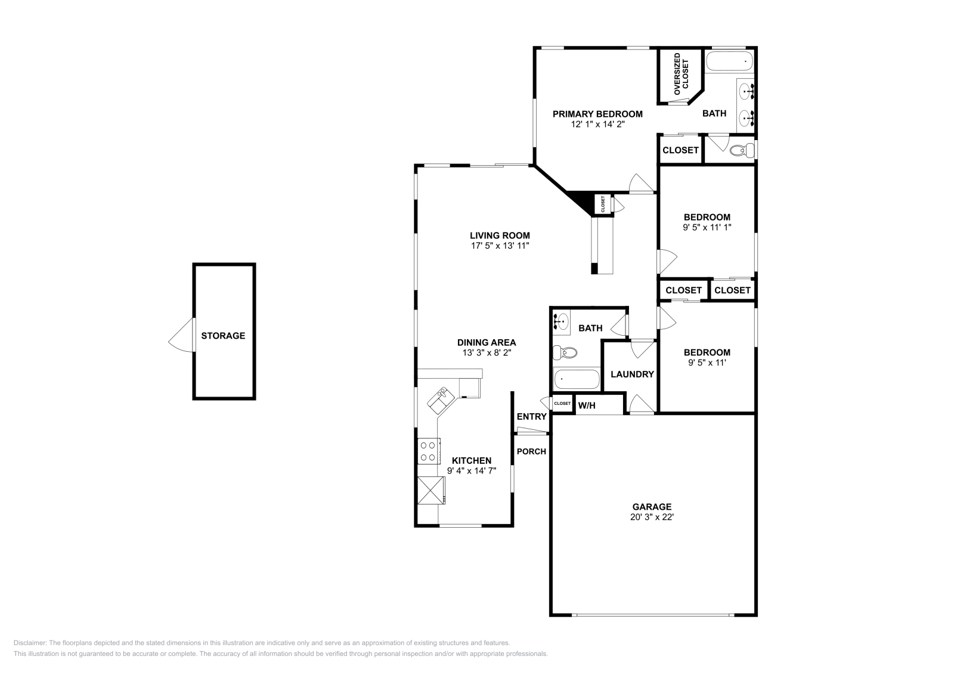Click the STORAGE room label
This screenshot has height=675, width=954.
click(x=223, y=336)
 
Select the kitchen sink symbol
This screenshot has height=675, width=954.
click(x=441, y=397)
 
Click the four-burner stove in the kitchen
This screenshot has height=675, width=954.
click(x=427, y=451)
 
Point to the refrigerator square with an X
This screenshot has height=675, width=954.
click(x=430, y=490)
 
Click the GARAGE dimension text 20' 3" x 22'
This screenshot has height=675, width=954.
click(x=652, y=517)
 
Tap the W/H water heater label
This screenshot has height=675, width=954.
click(x=587, y=405)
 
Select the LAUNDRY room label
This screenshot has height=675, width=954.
click(x=632, y=374)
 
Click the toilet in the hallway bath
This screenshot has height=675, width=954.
click(x=565, y=353)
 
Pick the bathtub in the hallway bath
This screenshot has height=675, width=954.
click(x=577, y=379)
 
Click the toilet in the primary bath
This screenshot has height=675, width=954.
click(x=742, y=150)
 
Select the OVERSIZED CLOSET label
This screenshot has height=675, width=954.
click(x=680, y=74)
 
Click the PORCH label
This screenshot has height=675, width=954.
click(x=531, y=451)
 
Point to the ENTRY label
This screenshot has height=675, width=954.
click(x=531, y=417)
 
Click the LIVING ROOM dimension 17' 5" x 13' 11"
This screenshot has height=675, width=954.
click(x=500, y=245)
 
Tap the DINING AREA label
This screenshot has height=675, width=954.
click(x=487, y=342)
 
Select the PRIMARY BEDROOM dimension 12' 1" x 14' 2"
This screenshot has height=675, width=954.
click(x=597, y=124)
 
